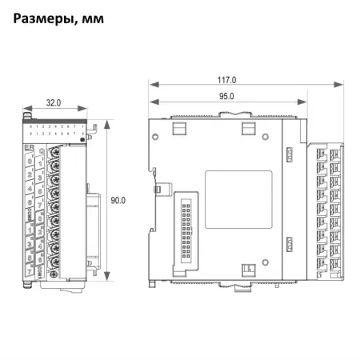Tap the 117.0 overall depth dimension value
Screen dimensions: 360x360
(227, 80)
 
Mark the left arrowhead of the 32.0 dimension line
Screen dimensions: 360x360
(23, 110)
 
